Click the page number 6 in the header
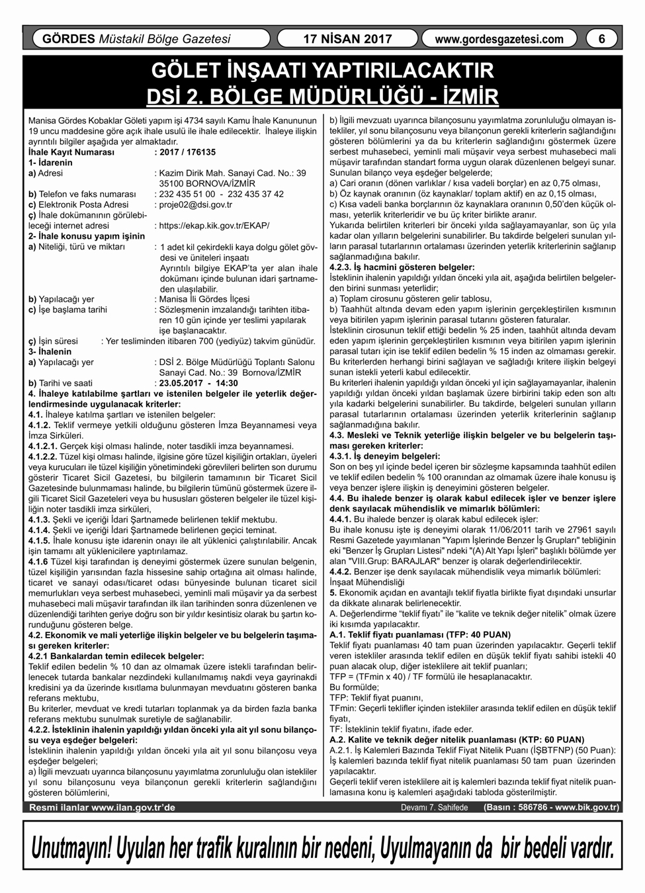601,39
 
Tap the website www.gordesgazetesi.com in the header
499,39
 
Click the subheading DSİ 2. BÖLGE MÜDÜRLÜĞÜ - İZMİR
322,96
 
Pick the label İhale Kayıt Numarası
71,152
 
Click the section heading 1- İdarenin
50,163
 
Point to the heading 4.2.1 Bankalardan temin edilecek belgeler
116,656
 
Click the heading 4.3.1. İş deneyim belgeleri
384,456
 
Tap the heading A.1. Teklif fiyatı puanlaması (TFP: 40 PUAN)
420,634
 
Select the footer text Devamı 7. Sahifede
434,808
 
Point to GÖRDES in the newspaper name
68,39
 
